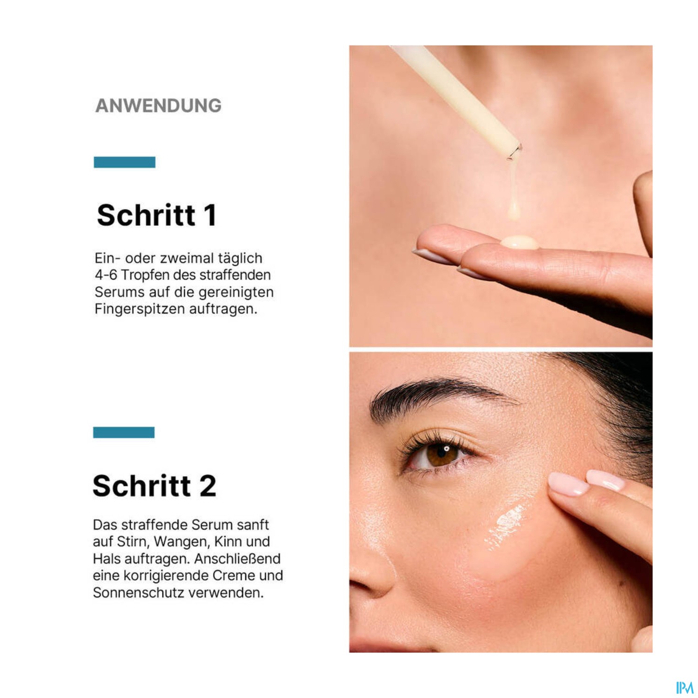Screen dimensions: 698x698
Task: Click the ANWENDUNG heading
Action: (158, 106)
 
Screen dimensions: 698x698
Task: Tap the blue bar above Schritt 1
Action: (124, 162)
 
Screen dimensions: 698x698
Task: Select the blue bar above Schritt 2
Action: (123, 432)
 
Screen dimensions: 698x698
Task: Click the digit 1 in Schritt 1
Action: (210, 215)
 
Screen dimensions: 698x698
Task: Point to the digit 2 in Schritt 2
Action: (208, 486)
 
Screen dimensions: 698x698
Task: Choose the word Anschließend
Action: (237, 559)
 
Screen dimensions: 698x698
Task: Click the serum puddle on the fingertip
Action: (519, 242)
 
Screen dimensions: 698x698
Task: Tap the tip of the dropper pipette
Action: (513, 154)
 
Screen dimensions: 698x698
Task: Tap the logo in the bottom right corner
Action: (685, 687)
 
